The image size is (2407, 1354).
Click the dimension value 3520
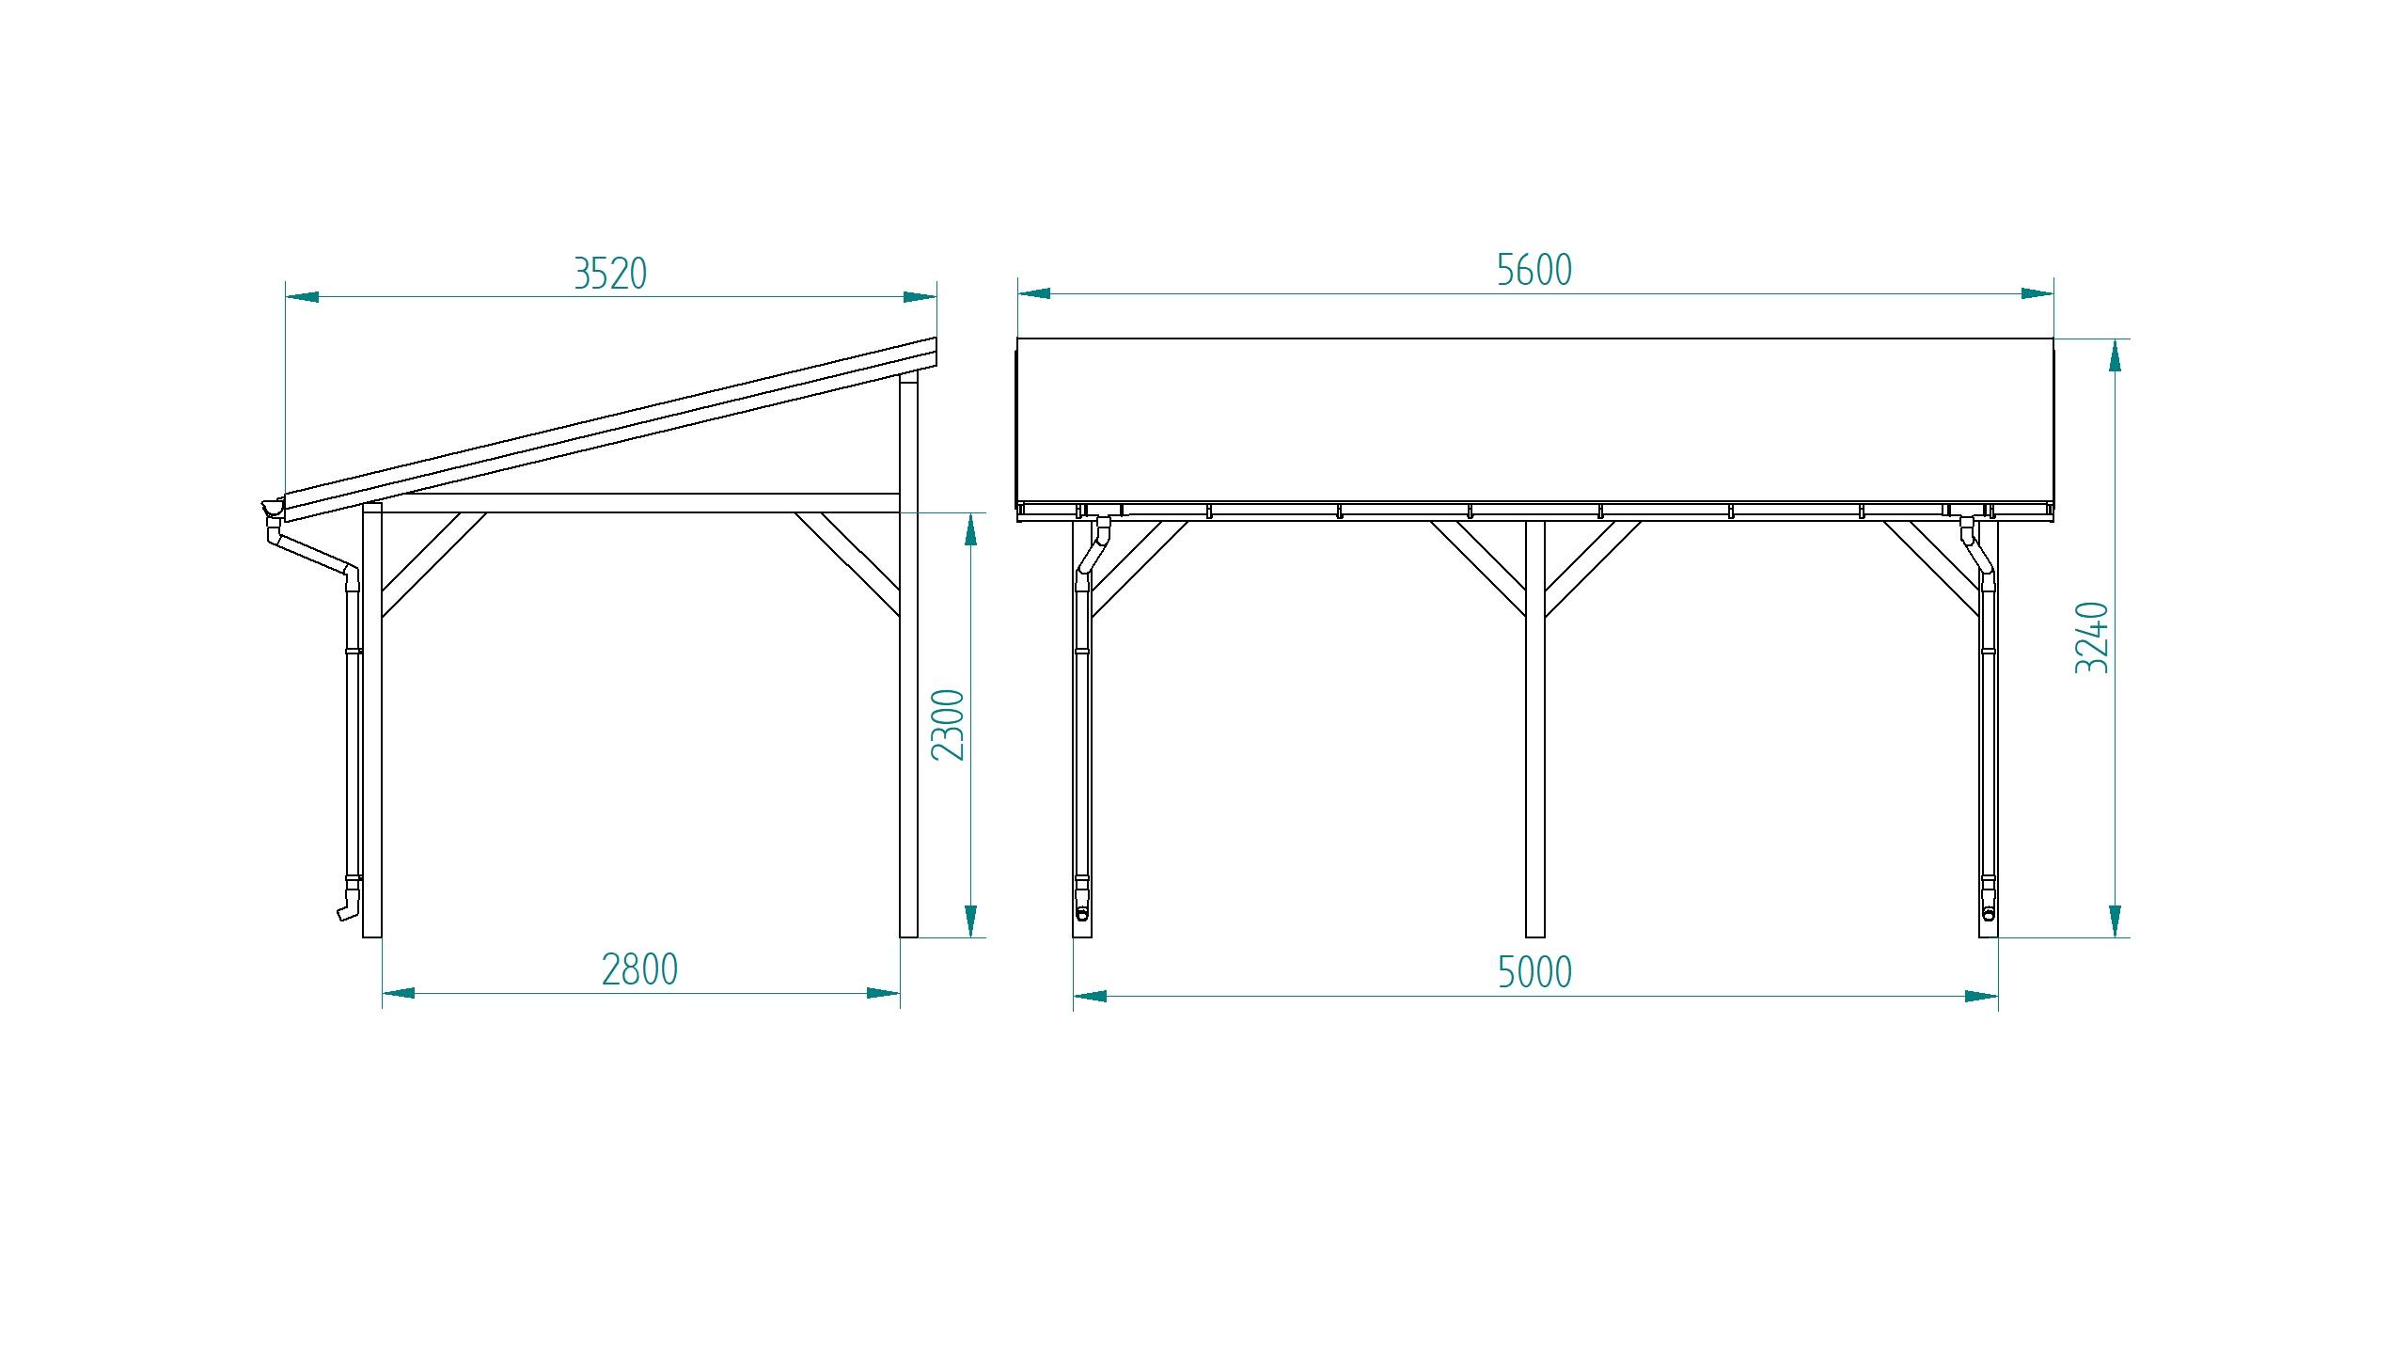tap(610, 274)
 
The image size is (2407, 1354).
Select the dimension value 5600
tap(1534, 270)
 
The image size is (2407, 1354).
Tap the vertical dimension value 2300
tap(948, 724)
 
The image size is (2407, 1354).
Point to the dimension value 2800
tap(639, 969)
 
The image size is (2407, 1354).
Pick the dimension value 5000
tap(1534, 972)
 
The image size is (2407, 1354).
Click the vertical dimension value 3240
tap(2091, 638)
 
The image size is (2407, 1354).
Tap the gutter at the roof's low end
tap(273, 509)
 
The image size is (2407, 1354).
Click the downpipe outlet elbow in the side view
tap(348, 908)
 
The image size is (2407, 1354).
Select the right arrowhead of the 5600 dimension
tap(2037, 293)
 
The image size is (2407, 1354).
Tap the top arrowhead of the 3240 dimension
tap(2115, 355)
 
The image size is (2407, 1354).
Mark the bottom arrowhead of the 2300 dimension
tap(970, 921)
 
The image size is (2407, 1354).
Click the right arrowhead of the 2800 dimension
tap(883, 993)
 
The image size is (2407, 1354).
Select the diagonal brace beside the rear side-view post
tap(847, 564)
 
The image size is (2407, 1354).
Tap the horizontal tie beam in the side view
tap(639, 503)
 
